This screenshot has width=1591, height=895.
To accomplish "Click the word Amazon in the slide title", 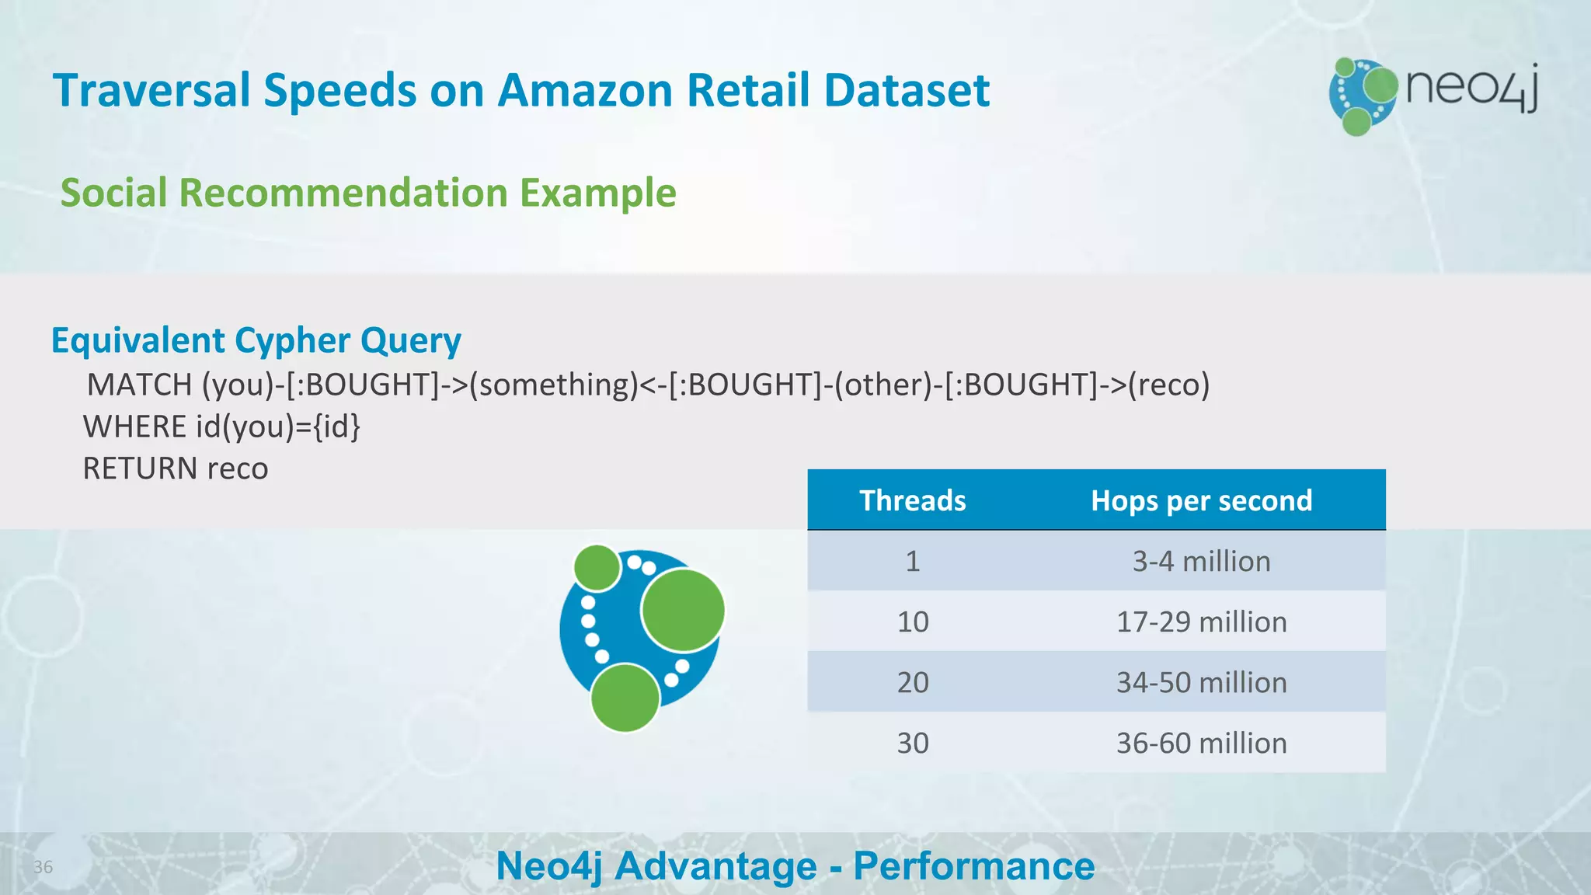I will (x=584, y=90).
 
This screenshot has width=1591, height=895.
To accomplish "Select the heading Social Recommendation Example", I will (x=368, y=193).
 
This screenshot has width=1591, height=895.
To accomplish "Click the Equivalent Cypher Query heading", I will (x=256, y=340).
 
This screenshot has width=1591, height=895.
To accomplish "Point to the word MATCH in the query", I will (x=140, y=385).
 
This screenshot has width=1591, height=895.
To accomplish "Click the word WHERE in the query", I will (x=134, y=427).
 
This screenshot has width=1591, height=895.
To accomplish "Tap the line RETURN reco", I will (x=176, y=468).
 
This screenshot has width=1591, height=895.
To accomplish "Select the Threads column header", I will (x=912, y=500).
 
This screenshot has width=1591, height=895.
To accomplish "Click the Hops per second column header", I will (x=1201, y=500).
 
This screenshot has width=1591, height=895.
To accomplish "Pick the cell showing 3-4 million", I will (x=1201, y=561).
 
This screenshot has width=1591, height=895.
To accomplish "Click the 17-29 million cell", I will (x=1201, y=622).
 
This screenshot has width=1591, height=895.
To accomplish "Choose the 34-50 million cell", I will (x=1201, y=682).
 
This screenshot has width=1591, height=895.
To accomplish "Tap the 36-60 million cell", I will (x=1201, y=743).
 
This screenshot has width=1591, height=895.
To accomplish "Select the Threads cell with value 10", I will (x=912, y=622).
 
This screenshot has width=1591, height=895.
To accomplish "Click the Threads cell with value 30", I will (x=912, y=743).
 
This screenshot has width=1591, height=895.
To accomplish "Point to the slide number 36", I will (x=43, y=867).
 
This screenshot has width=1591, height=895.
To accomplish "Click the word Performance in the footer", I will (x=973, y=865).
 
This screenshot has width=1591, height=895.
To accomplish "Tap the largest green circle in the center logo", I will (x=683, y=611).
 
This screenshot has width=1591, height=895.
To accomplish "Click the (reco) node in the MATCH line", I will (x=1168, y=385).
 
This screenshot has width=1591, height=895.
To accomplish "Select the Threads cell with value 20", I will (x=912, y=682).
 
